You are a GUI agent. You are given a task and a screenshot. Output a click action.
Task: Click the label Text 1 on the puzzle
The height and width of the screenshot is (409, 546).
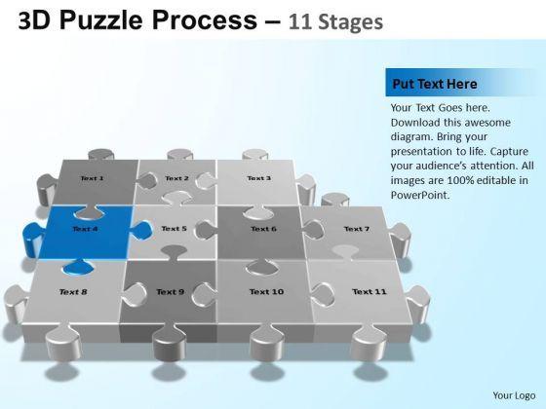click(x=92, y=178)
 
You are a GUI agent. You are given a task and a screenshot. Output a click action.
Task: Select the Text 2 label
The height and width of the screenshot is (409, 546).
click(x=176, y=178)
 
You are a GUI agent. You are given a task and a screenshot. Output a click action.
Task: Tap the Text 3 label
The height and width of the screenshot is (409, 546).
click(x=258, y=178)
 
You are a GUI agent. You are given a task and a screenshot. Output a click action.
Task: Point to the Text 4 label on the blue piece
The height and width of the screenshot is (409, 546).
click(x=85, y=229)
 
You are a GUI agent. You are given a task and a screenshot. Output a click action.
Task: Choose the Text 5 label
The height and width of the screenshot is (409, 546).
click(x=175, y=229)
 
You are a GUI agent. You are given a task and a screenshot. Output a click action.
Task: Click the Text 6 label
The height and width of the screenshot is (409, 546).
click(x=263, y=229)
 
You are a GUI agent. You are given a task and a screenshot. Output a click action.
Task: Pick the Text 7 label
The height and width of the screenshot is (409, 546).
click(x=357, y=229)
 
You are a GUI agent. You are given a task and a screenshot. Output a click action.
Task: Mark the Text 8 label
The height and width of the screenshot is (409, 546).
click(x=73, y=292)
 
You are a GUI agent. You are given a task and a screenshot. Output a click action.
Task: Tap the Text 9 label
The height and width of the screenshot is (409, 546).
click(x=170, y=292)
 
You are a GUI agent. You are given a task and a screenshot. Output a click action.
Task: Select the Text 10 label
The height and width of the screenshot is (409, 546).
click(x=267, y=292)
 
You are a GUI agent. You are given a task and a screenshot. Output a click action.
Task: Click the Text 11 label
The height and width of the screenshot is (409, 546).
click(x=370, y=292)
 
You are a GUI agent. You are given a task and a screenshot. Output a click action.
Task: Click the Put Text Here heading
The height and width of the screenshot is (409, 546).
click(x=435, y=84)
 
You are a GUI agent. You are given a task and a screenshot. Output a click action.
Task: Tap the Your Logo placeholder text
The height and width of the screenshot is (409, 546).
click(x=514, y=395)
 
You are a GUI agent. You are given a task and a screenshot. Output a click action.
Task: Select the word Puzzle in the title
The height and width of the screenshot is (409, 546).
click(x=101, y=20)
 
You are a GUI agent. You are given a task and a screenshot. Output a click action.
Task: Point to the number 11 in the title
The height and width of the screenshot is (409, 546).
click(x=299, y=21)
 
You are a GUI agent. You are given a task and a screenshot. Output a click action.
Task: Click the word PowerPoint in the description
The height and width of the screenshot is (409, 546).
click(x=420, y=195)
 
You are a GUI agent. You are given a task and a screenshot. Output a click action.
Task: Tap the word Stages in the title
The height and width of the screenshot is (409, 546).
click(x=351, y=22)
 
